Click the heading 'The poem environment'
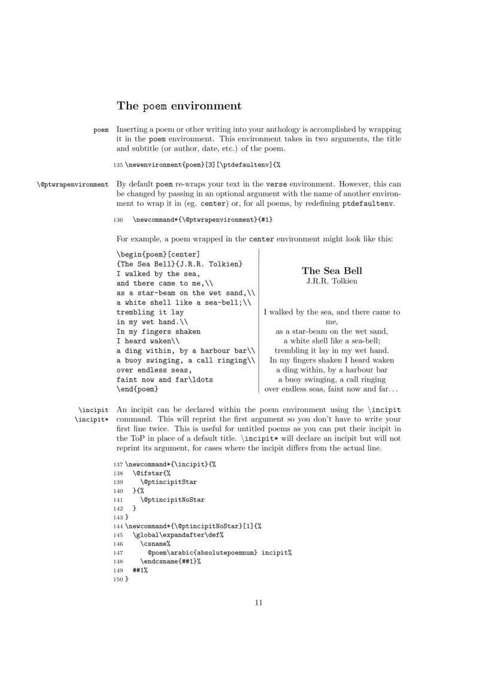(x=179, y=107)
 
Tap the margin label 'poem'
(x=101, y=129)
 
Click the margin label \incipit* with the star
(x=92, y=419)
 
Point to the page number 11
(x=259, y=603)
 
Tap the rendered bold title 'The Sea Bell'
(x=332, y=271)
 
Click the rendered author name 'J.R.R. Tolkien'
(x=332, y=282)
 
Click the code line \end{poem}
(x=137, y=390)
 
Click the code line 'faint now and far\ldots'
(x=165, y=379)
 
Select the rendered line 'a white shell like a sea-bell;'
(x=332, y=340)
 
